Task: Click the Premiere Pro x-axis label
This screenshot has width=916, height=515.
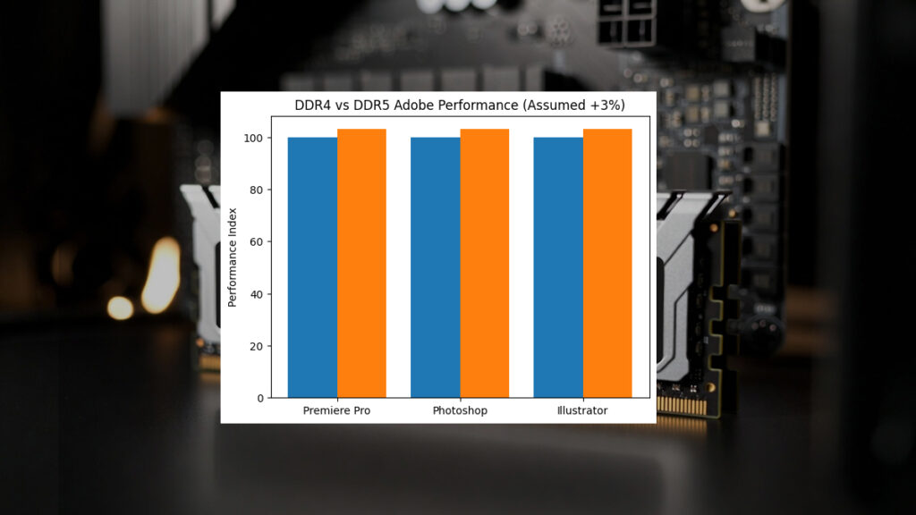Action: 337,410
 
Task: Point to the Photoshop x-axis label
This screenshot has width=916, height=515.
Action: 460,410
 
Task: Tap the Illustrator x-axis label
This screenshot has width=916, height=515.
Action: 582,410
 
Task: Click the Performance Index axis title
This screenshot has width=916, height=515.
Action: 233,257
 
